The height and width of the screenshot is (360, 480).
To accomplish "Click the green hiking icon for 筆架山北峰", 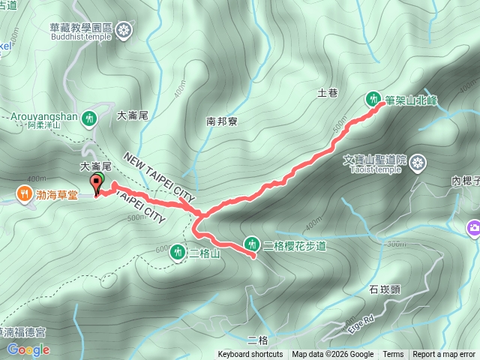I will tap(373, 98).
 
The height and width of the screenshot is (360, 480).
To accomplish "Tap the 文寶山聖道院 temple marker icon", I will tap(418, 161).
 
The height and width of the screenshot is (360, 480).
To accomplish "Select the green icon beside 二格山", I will tap(178, 252).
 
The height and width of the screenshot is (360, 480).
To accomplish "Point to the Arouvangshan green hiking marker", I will tap(89, 118).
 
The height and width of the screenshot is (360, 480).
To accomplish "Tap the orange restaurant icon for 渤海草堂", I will tap(25, 196).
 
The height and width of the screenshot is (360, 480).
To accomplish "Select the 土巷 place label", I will tap(328, 93).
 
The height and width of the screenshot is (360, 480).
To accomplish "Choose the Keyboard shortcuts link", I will tap(250, 355).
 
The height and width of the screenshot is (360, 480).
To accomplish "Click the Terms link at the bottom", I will tap(393, 355).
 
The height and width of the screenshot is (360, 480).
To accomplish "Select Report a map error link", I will tap(444, 355).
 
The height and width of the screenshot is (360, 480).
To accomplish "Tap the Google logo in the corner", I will tap(28, 349).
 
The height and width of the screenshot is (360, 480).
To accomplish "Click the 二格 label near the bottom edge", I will tap(258, 340).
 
